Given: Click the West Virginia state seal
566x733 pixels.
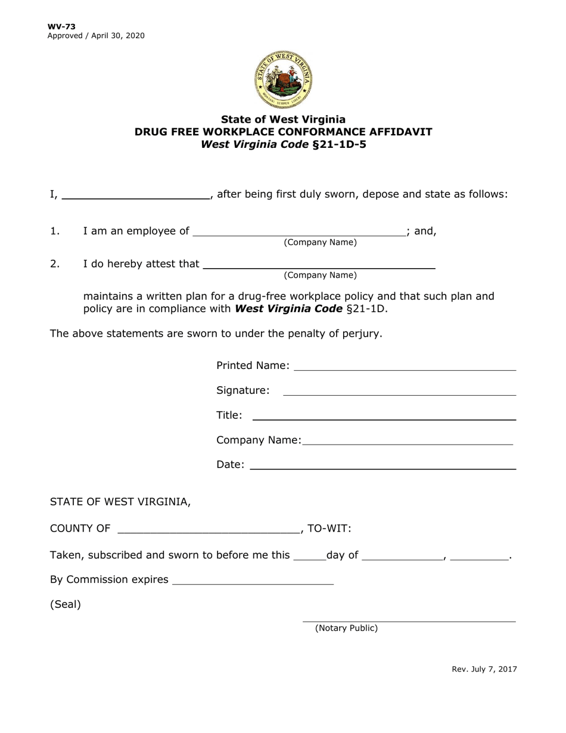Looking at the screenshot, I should (x=283, y=80).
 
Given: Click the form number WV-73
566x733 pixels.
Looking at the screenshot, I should (x=61, y=26).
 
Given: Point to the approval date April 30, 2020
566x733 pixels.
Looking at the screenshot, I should (x=118, y=36).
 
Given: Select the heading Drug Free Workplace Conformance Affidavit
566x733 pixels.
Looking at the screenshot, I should (x=283, y=132).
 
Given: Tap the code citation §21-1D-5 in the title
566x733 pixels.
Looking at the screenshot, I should (x=338, y=144).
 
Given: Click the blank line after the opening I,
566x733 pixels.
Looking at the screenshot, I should (x=135, y=195).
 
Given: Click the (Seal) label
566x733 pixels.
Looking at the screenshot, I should (x=66, y=604).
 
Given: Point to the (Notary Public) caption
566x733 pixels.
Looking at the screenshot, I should (x=346, y=628).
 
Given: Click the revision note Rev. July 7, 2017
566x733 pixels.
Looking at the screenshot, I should (x=484, y=669).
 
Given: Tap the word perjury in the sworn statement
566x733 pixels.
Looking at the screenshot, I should (x=359, y=334).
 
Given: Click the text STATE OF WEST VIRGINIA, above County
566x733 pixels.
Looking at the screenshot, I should (x=120, y=502).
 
